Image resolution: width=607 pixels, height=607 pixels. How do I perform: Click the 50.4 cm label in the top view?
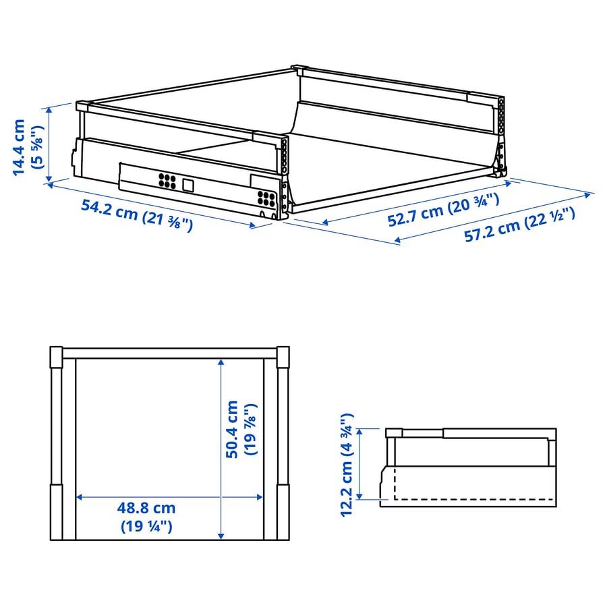(231, 430)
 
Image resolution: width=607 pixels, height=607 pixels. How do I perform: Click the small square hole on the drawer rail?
(188, 184)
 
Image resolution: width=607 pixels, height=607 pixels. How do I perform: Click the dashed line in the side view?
(472, 500)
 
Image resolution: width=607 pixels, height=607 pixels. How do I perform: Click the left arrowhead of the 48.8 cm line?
(78, 497)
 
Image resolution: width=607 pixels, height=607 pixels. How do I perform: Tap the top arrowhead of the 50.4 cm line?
(221, 362)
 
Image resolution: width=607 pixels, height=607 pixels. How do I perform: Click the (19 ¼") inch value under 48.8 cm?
(146, 526)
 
